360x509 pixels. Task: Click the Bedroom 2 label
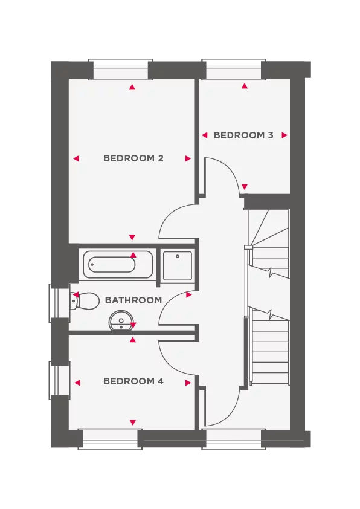(x=133, y=158)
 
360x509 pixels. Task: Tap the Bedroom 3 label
(x=243, y=135)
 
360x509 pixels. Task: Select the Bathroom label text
(x=133, y=300)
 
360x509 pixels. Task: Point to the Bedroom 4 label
(x=133, y=381)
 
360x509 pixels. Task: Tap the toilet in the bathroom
(x=85, y=300)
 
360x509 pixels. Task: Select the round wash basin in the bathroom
(x=120, y=321)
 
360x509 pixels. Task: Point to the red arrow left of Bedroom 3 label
(x=205, y=135)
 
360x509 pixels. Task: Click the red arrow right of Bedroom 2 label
(x=188, y=158)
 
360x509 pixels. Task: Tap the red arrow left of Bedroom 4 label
(x=77, y=382)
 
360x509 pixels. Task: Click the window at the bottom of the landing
(x=234, y=435)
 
